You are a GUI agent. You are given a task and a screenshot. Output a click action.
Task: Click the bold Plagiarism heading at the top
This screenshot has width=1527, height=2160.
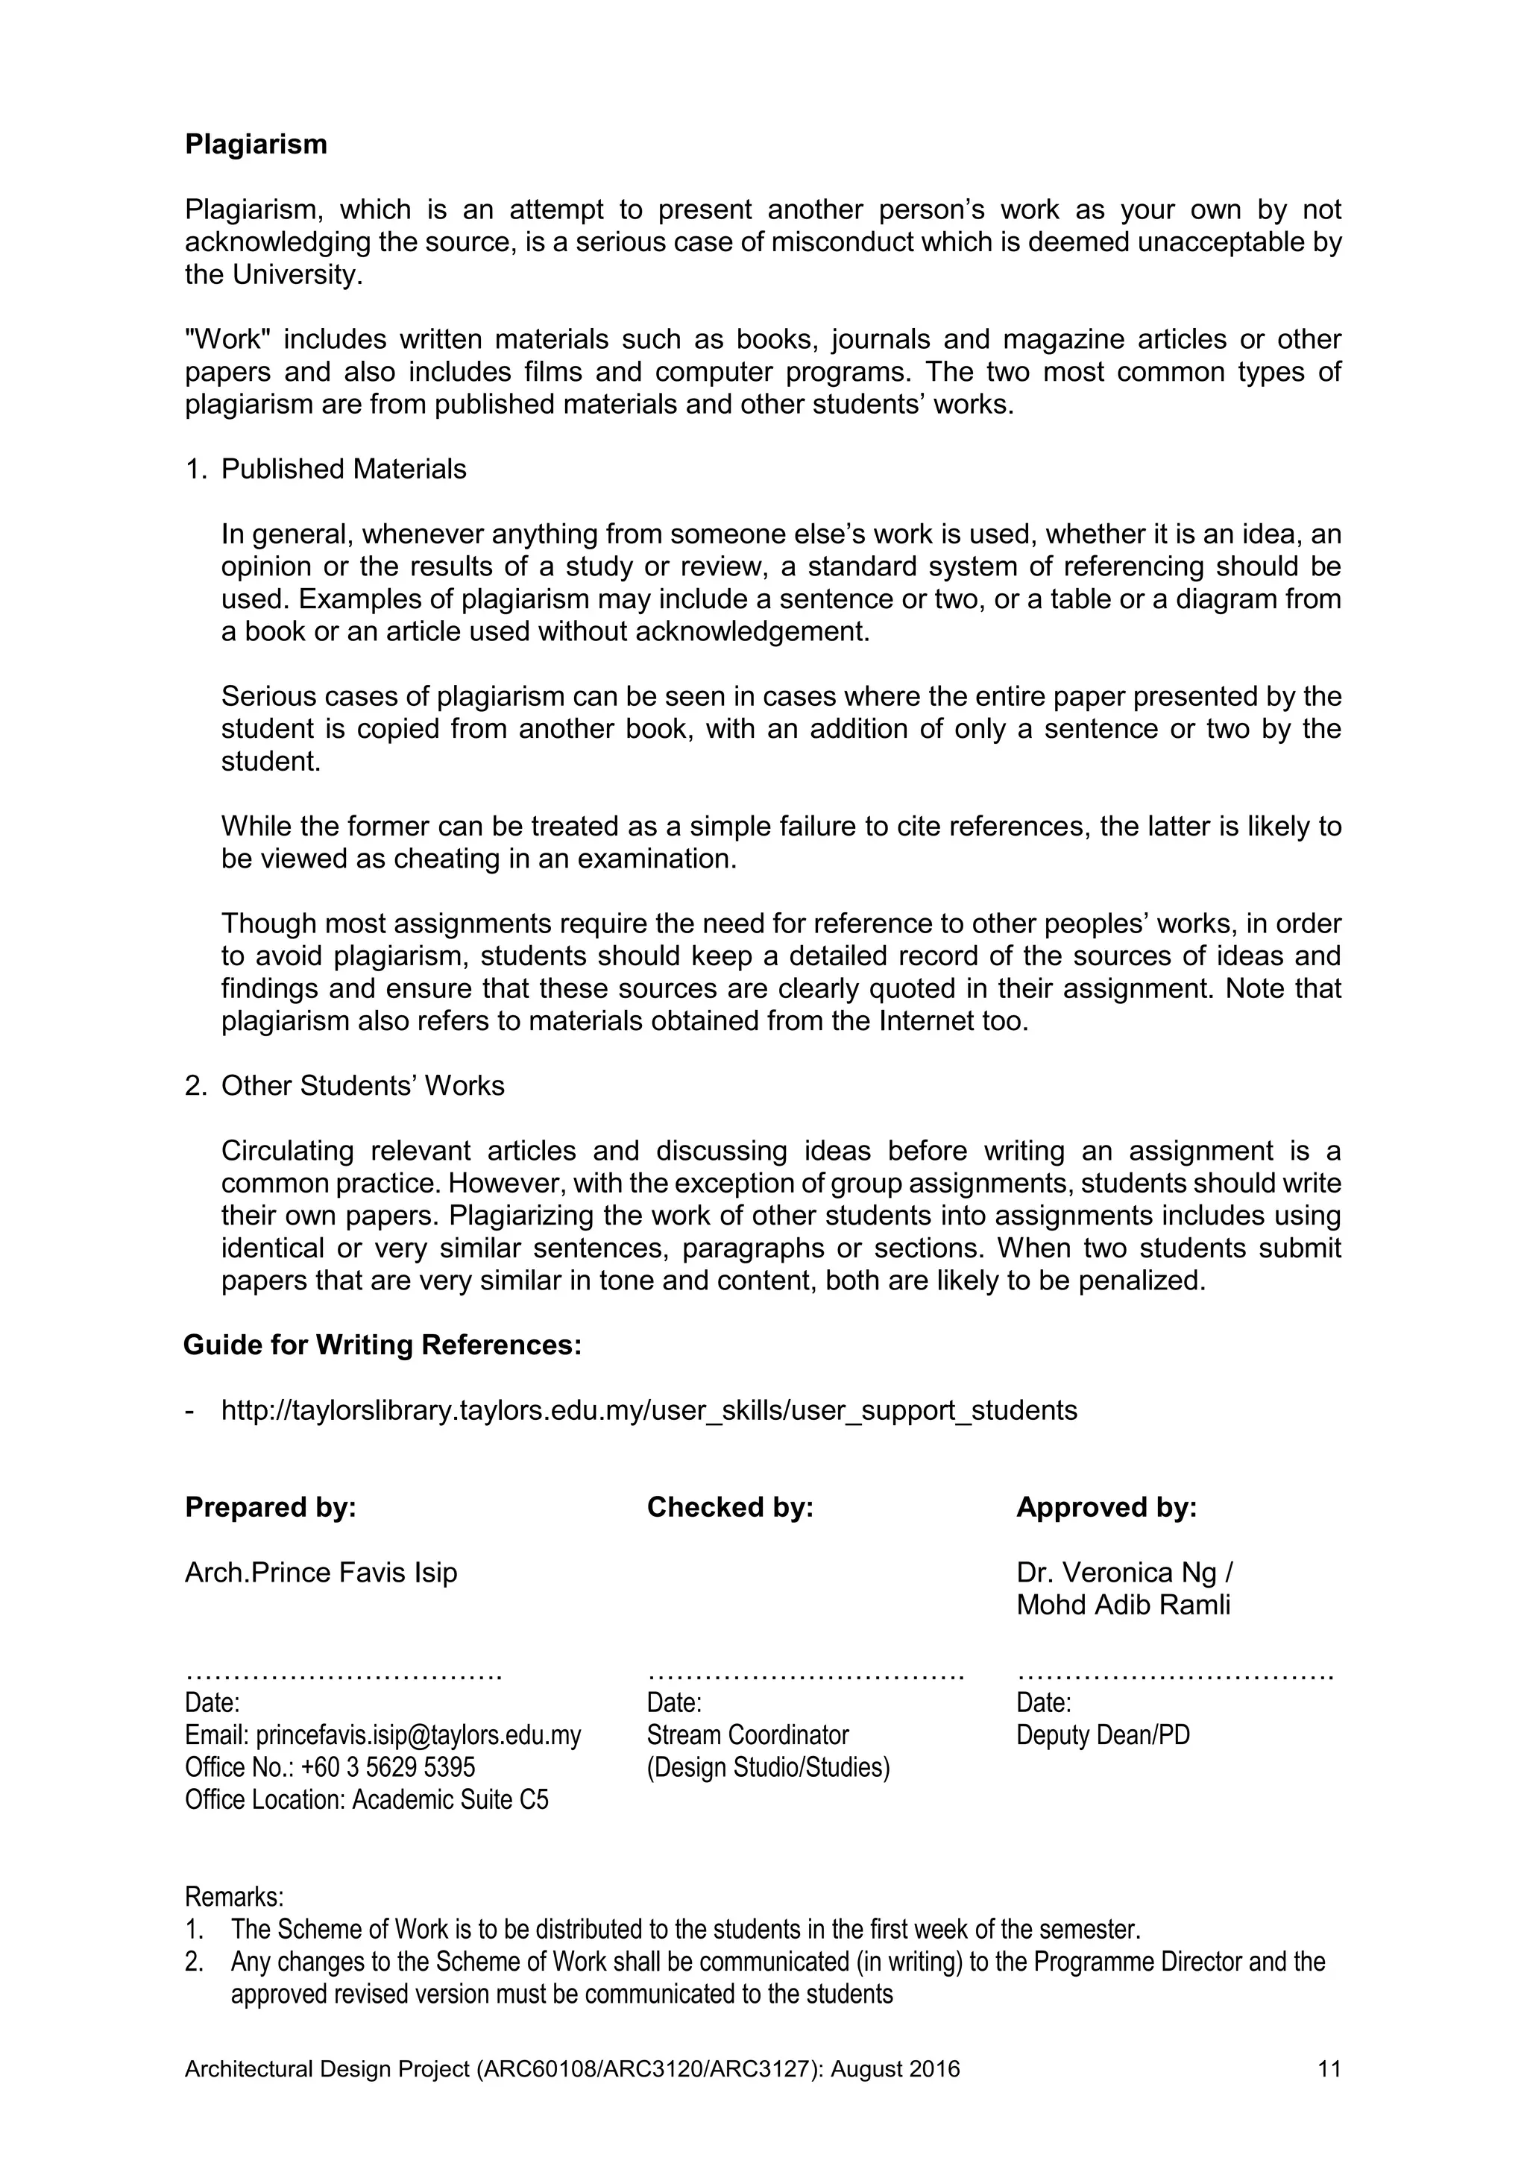[x=256, y=145]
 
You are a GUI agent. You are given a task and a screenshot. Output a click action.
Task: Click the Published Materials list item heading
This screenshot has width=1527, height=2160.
[x=344, y=470]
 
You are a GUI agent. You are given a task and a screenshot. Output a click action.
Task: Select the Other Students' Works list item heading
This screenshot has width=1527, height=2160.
[x=362, y=1086]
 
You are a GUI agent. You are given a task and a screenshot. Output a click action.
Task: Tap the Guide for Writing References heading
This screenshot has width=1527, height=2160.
[x=382, y=1345]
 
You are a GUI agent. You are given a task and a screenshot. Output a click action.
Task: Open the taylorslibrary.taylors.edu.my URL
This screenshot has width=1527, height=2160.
[x=649, y=1410]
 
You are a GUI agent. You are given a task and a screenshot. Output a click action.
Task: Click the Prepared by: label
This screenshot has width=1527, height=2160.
[x=270, y=1508]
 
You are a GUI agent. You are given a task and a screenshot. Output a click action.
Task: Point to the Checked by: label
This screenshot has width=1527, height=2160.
[x=729, y=1508]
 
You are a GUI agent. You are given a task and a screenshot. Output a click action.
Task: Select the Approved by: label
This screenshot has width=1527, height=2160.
[x=1106, y=1508]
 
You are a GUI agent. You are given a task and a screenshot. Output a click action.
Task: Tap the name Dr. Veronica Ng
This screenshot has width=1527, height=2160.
[x=1117, y=1573]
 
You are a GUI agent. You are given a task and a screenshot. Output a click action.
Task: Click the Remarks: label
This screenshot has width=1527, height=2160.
[x=233, y=1895]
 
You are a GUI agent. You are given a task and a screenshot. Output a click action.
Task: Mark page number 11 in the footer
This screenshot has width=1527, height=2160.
[x=1329, y=2070]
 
